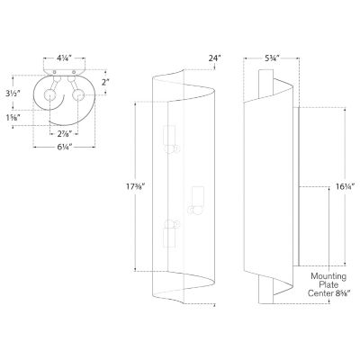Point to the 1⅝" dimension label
(x=13, y=117)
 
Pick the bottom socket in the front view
(x=169, y=236)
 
